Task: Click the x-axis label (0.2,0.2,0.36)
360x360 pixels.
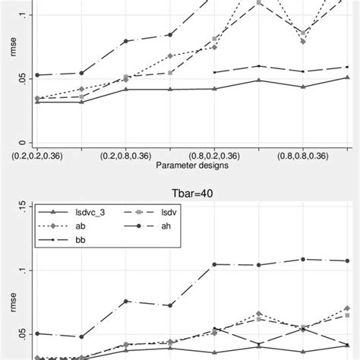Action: [37, 155]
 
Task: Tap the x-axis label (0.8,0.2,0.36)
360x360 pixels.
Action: [215, 155]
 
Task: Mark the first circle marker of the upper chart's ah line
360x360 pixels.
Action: [37, 75]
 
